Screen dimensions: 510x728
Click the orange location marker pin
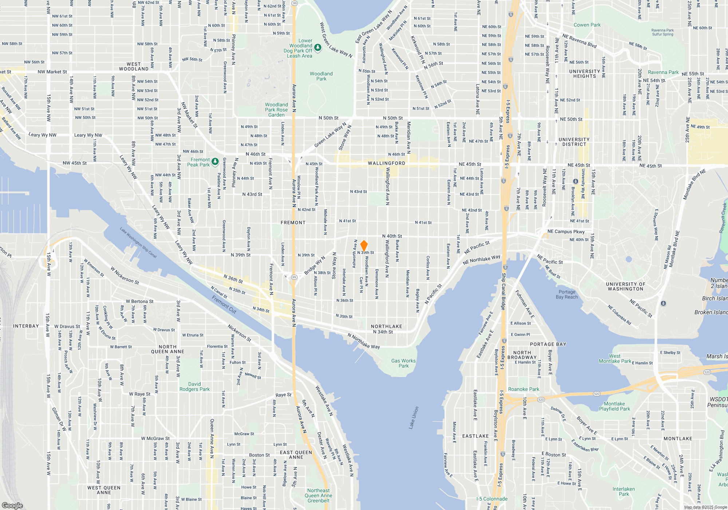[x=364, y=246]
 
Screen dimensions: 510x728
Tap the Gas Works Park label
[x=403, y=363]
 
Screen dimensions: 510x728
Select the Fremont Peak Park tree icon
[x=215, y=161]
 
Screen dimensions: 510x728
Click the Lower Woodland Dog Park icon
[x=318, y=48]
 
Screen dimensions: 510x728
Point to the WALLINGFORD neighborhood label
[x=387, y=163]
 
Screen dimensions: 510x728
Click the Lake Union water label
[x=414, y=417]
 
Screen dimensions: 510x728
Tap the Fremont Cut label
[x=224, y=305]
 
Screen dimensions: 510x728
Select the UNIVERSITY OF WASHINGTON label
[x=625, y=286]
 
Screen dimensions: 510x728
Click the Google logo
[x=12, y=505]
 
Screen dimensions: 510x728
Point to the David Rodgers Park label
[x=194, y=387]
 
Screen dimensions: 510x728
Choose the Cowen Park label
[x=587, y=25]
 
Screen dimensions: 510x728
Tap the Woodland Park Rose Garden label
[x=276, y=110]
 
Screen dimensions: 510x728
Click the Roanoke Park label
[x=523, y=389]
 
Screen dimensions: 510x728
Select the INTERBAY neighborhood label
[x=26, y=326]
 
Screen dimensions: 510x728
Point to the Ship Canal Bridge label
[x=503, y=291]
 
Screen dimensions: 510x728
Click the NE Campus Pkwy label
[x=566, y=231]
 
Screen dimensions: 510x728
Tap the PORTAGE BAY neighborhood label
[x=548, y=344]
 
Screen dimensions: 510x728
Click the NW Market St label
[x=52, y=72]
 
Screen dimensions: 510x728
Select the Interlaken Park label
[x=624, y=491]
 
